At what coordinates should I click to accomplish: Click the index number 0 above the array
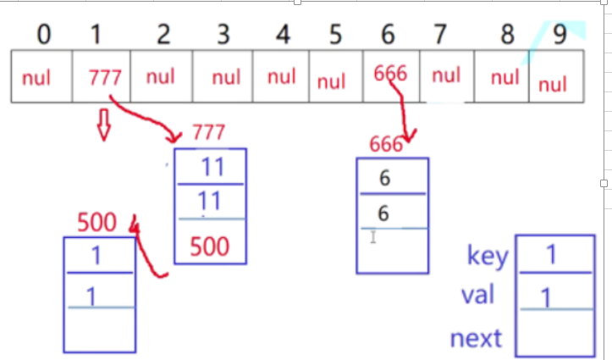click(43, 35)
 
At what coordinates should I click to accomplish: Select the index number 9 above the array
click(559, 35)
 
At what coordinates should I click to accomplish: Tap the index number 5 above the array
click(335, 35)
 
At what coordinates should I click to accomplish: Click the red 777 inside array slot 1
click(105, 77)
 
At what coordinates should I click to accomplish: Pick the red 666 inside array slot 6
click(390, 74)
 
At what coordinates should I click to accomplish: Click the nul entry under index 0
click(36, 78)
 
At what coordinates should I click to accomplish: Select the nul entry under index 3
click(226, 78)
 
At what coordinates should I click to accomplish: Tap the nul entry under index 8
click(504, 78)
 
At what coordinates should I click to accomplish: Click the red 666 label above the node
click(386, 145)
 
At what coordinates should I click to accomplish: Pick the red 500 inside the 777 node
click(209, 246)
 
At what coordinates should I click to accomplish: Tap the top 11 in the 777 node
click(210, 167)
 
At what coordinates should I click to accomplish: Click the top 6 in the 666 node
click(384, 179)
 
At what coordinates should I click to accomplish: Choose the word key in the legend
click(488, 255)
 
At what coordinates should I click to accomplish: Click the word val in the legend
click(478, 296)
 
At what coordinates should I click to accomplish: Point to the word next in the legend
click(476, 339)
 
